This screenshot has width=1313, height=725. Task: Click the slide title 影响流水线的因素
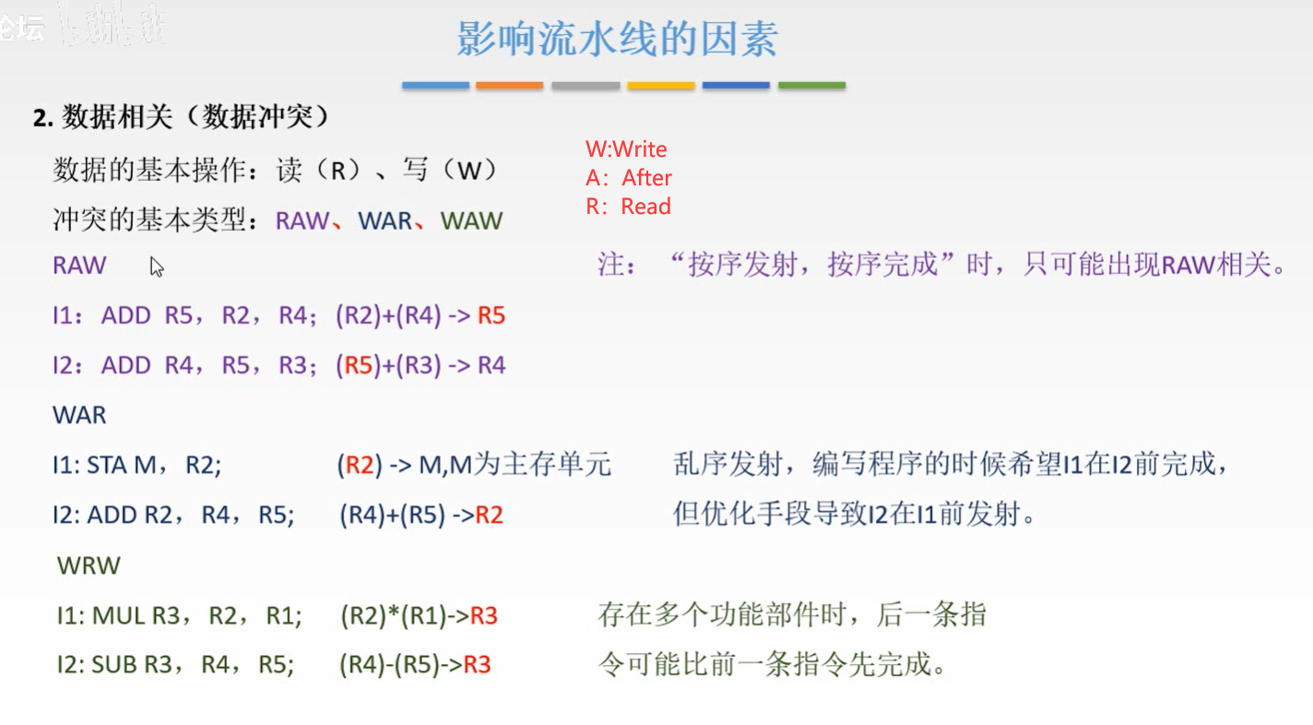point(617,39)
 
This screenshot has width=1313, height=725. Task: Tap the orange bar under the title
point(509,86)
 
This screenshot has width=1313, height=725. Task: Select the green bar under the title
point(811,86)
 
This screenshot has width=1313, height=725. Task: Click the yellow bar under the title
point(660,86)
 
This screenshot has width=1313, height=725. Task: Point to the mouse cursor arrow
point(156,267)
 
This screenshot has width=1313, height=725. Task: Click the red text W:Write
point(626,149)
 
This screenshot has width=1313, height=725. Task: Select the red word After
point(646,177)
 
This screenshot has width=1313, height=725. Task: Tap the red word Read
point(646,206)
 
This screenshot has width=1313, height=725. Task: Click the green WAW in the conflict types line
point(471,221)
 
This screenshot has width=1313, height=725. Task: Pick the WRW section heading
point(89,565)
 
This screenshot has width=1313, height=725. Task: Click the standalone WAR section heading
point(79,415)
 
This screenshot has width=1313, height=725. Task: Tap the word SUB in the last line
point(114,664)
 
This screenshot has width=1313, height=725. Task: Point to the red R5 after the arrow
point(491,315)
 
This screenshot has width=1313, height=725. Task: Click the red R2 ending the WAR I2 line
point(489,515)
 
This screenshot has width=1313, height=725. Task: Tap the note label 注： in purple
point(616,265)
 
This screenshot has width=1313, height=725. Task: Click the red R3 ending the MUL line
point(483,616)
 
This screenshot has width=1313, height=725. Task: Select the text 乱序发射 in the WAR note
point(727,465)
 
